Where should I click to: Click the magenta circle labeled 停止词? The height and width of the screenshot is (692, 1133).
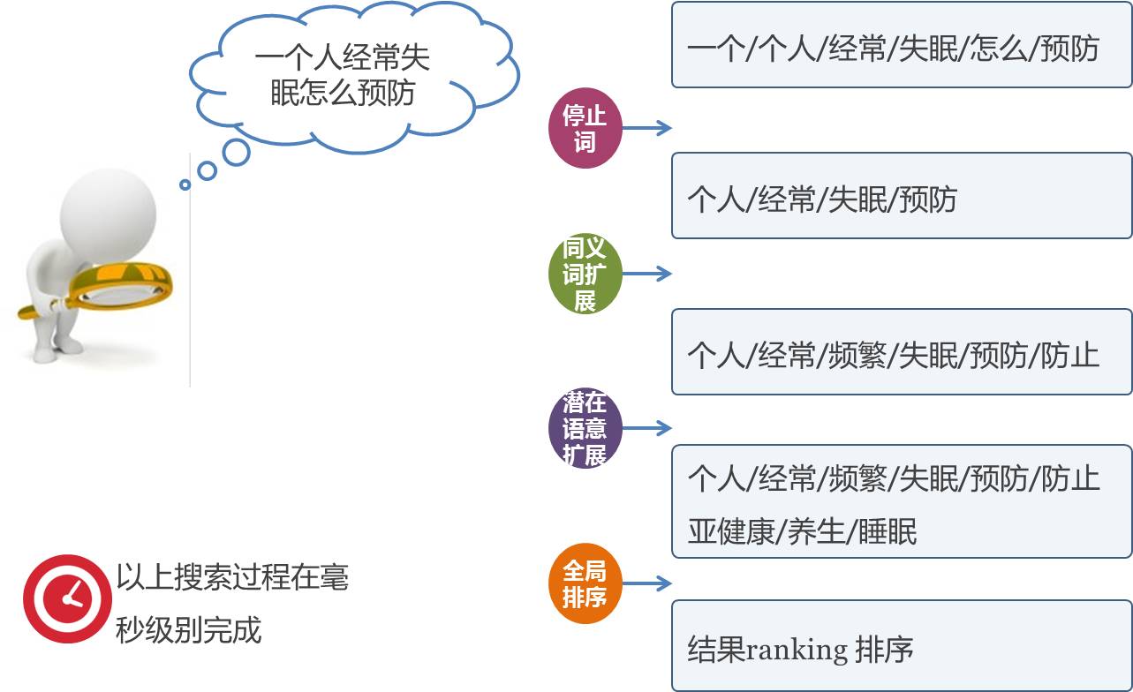click(x=585, y=129)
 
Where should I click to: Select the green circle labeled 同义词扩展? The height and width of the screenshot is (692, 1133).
click(x=585, y=274)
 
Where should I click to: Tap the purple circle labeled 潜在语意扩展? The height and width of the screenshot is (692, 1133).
click(x=585, y=429)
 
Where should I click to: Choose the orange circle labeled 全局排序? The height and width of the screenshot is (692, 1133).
click(x=585, y=583)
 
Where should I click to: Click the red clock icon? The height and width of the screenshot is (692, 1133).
click(x=67, y=598)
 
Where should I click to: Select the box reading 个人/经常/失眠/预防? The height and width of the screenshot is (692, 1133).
click(x=901, y=196)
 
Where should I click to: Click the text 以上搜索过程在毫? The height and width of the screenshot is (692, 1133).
click(x=232, y=577)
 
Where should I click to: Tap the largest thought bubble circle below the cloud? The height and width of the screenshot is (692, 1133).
click(x=236, y=153)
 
